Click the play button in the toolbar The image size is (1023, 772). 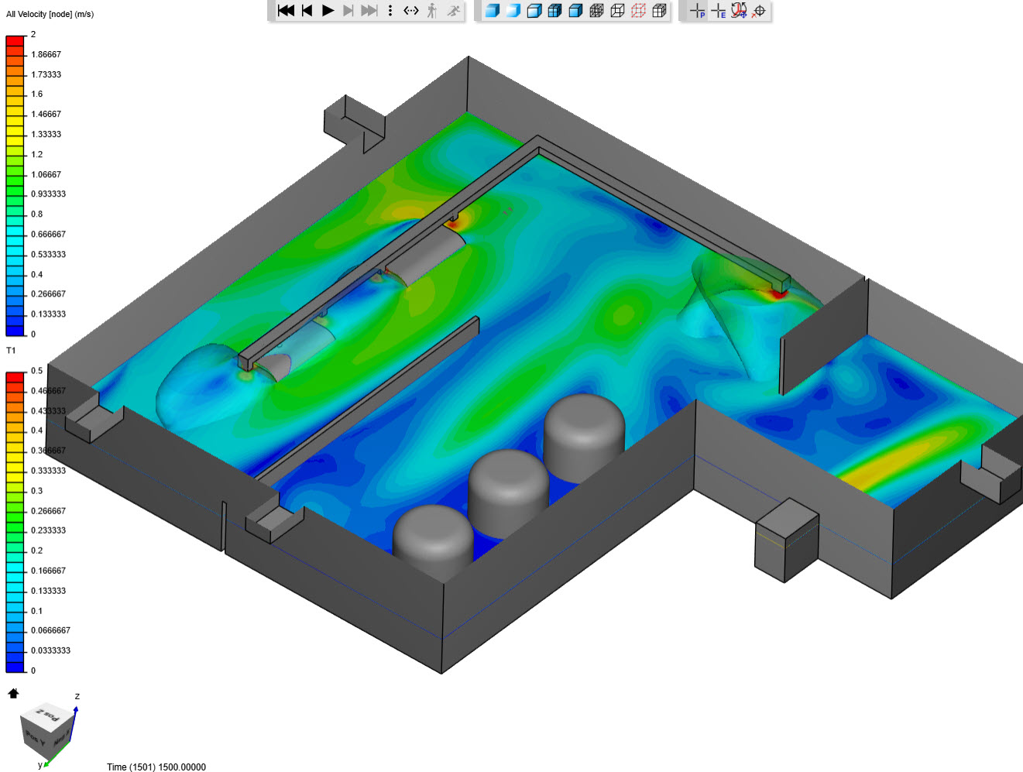coord(328,10)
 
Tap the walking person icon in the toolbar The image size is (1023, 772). coord(432,10)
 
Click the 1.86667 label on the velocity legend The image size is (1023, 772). coord(46,54)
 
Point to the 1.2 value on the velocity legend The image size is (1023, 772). coord(36,154)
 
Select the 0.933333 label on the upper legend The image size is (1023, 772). coord(48,194)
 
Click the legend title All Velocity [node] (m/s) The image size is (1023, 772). coord(50,14)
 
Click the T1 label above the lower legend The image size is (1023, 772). coord(11,351)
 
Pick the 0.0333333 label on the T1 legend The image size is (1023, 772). coord(50,650)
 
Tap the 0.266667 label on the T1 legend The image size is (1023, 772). coord(48,511)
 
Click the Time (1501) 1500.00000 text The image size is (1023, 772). coord(156,767)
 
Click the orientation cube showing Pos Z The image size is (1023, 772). coord(46,728)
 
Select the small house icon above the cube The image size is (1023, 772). coord(13,693)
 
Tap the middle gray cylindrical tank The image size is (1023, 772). coord(508,488)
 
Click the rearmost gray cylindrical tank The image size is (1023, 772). coord(584,430)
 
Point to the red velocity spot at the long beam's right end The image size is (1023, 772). coord(778,293)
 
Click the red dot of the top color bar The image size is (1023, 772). coord(15,39)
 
